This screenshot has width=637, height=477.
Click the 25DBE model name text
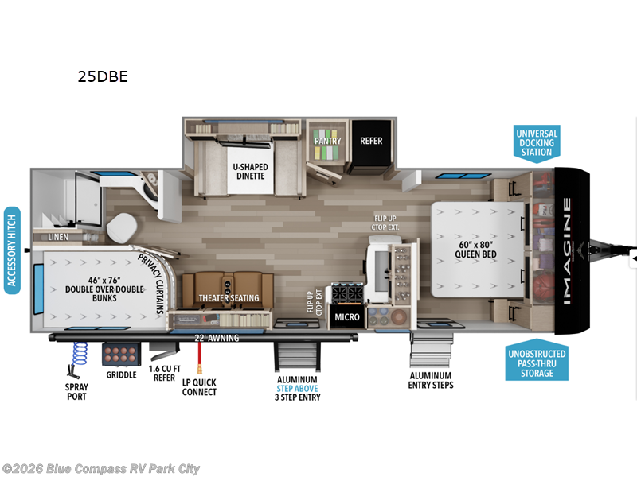coord(103,77)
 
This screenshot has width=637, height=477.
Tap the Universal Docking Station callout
coord(536,142)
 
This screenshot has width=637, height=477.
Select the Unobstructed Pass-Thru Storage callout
coord(535,363)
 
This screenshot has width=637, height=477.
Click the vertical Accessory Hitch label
coord(12,250)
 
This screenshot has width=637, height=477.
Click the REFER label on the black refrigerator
coord(371,141)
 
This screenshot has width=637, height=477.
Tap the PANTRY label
coord(327,141)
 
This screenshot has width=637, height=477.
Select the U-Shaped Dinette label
coord(249,171)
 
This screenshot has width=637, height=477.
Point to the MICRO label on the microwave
coord(347,317)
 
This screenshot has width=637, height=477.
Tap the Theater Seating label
coord(229,299)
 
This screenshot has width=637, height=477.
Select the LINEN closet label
coord(57,237)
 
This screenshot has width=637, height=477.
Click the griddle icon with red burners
coord(121,353)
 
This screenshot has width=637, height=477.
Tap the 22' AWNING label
coord(217,337)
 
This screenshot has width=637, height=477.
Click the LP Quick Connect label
coord(198,387)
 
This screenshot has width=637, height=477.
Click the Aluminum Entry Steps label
coord(431,380)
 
